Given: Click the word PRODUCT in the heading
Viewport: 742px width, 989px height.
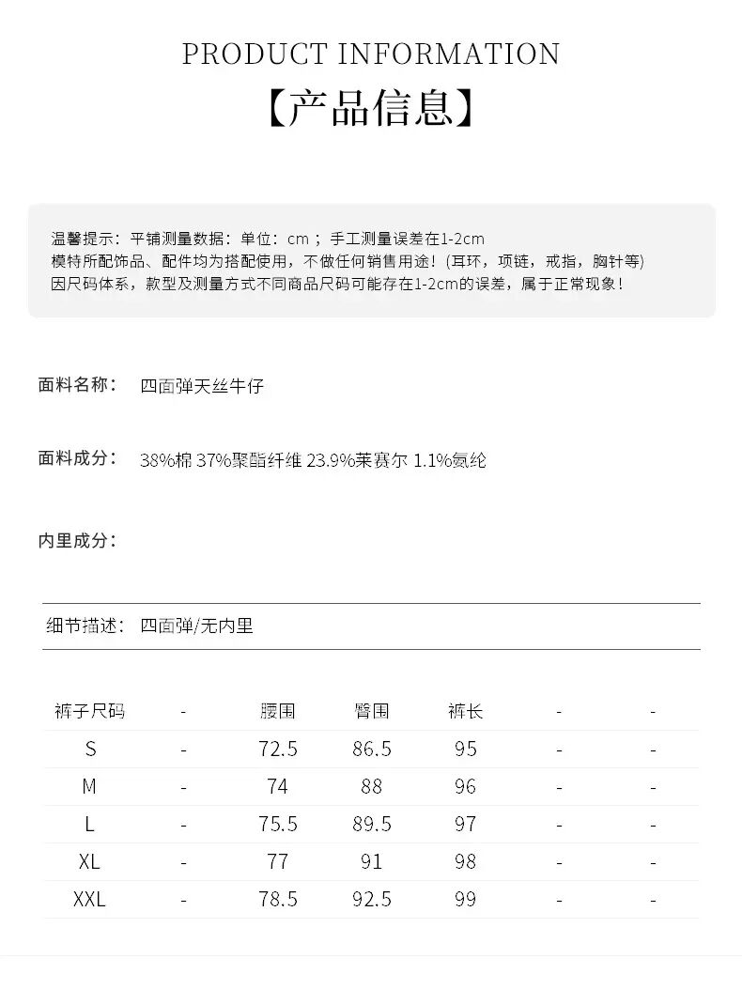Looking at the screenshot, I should coord(254,54).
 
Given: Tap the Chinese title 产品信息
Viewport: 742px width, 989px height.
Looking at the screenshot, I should coord(371,109).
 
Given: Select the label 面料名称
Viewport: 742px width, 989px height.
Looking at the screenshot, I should coord(78,385).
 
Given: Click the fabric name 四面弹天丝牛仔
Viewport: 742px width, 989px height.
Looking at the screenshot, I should coord(202,386).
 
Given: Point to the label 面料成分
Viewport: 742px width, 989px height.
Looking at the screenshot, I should coord(78,458).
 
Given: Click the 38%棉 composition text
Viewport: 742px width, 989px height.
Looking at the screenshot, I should coord(165,460).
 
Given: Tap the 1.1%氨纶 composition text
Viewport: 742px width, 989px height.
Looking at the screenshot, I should coord(450,460).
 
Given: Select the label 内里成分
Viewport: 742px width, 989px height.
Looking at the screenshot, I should coord(78,541).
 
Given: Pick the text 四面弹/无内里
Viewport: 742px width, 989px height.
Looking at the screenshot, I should coord(196,626).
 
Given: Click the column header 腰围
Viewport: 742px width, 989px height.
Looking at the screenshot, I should coord(278,712).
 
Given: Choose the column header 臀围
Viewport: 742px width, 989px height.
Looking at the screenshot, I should coord(372,712).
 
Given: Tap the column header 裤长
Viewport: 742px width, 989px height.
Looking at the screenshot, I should coord(465,712).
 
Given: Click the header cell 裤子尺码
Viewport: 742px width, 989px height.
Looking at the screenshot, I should coord(89,712).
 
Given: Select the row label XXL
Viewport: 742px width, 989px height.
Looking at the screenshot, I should coord(89,900).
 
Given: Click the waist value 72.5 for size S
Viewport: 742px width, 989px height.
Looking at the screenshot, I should coord(278,749).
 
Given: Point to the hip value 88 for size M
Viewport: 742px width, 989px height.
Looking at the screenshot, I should coord(372,787).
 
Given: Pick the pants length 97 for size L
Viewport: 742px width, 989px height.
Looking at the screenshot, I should coord(465,825).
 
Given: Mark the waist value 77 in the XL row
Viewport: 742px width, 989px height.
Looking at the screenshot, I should coord(278,862).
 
